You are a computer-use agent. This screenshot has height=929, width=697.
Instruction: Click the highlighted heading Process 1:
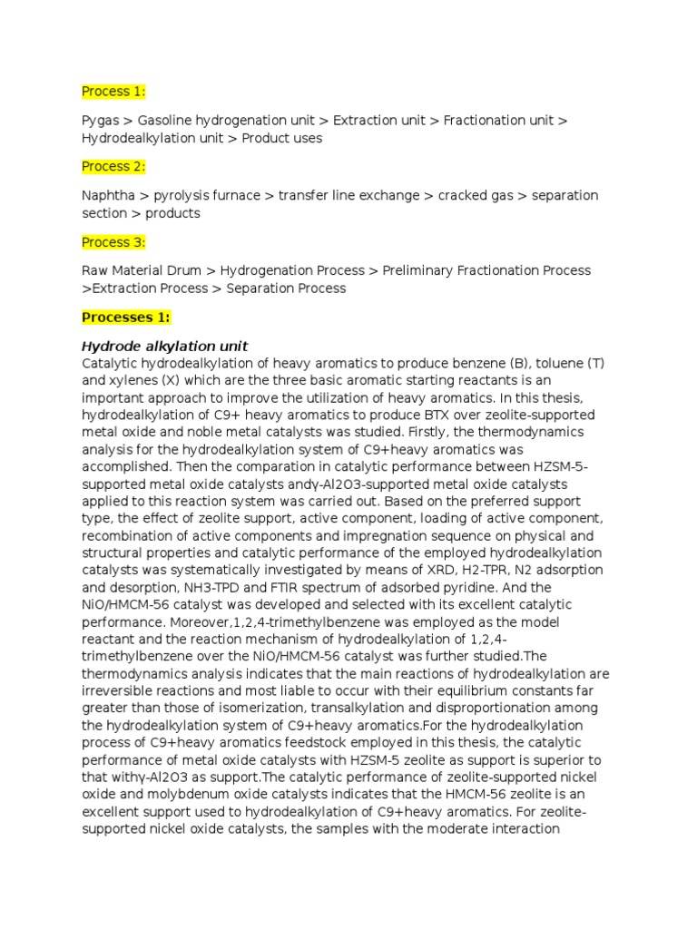pos(113,92)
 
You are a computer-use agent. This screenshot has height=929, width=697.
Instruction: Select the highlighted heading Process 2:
pos(113,167)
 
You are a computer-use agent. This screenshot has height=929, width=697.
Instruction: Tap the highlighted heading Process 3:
pos(113,242)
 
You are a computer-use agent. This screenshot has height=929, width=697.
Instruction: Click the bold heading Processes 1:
pos(126,318)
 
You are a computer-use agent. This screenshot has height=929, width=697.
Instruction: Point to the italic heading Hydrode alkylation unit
pos(165,347)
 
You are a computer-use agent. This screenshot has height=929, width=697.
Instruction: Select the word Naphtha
pos(109,196)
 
